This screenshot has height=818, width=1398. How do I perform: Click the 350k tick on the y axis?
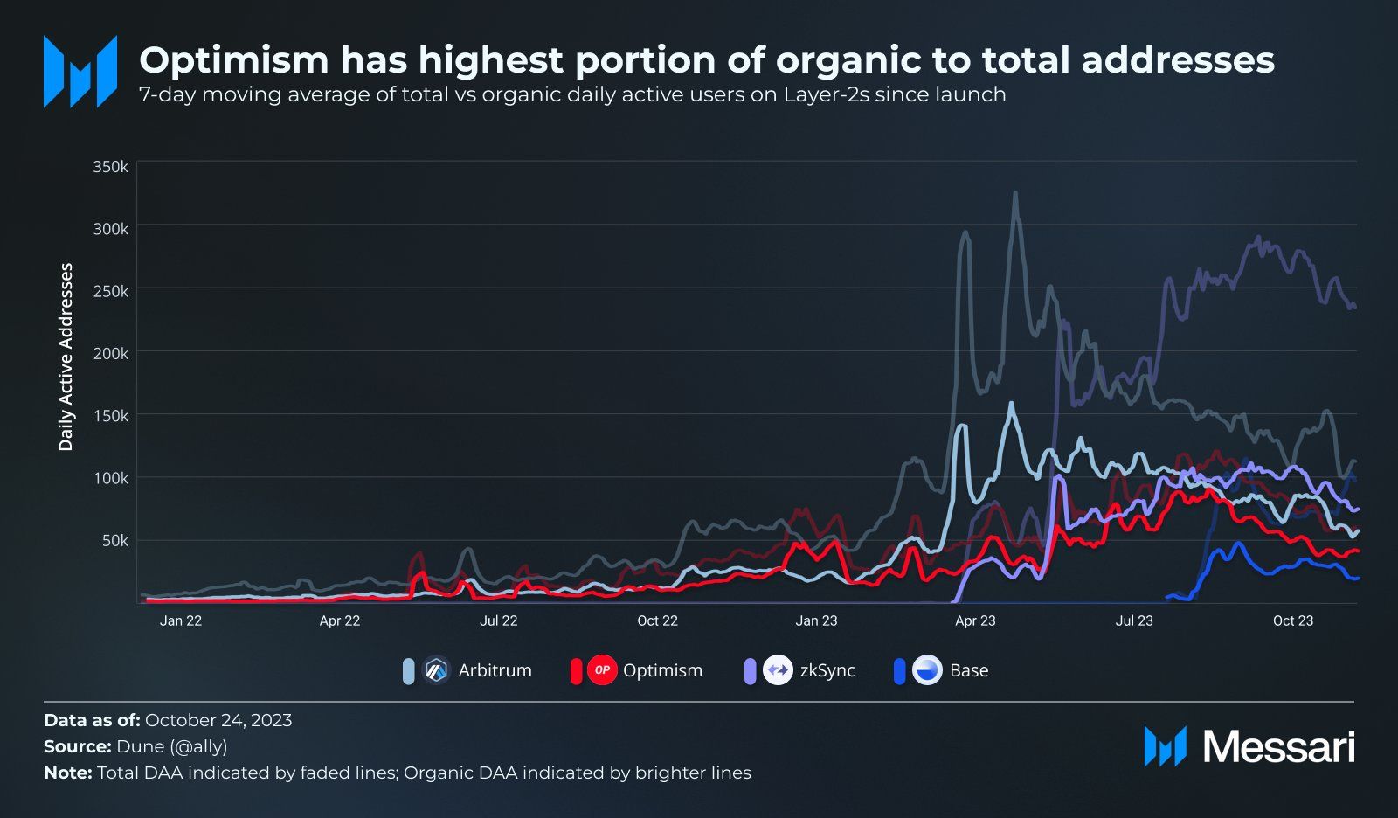(111, 166)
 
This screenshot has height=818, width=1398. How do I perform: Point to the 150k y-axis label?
(111, 416)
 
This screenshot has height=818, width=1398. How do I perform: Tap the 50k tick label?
(114, 541)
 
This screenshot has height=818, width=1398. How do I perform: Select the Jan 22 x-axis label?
(181, 620)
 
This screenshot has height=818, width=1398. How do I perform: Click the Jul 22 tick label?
(499, 620)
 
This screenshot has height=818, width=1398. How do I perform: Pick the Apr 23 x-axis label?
(975, 620)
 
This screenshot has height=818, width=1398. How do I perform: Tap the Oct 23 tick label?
(1292, 620)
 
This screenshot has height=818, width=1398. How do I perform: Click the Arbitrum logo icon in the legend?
(436, 670)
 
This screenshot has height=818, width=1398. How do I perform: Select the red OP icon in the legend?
(602, 670)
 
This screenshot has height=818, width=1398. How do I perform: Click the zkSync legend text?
(827, 670)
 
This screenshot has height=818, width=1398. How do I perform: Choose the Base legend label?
(969, 670)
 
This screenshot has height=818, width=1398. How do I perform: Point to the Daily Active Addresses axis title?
(66, 357)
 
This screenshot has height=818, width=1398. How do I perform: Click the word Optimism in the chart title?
(234, 60)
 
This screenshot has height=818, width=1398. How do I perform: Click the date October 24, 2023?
(218, 720)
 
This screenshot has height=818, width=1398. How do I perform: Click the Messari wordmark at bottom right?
(1279, 747)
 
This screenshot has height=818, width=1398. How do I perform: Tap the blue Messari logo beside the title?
(80, 72)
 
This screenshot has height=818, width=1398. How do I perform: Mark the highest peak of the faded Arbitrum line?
(1014, 193)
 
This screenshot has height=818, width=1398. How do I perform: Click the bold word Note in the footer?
(66, 773)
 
